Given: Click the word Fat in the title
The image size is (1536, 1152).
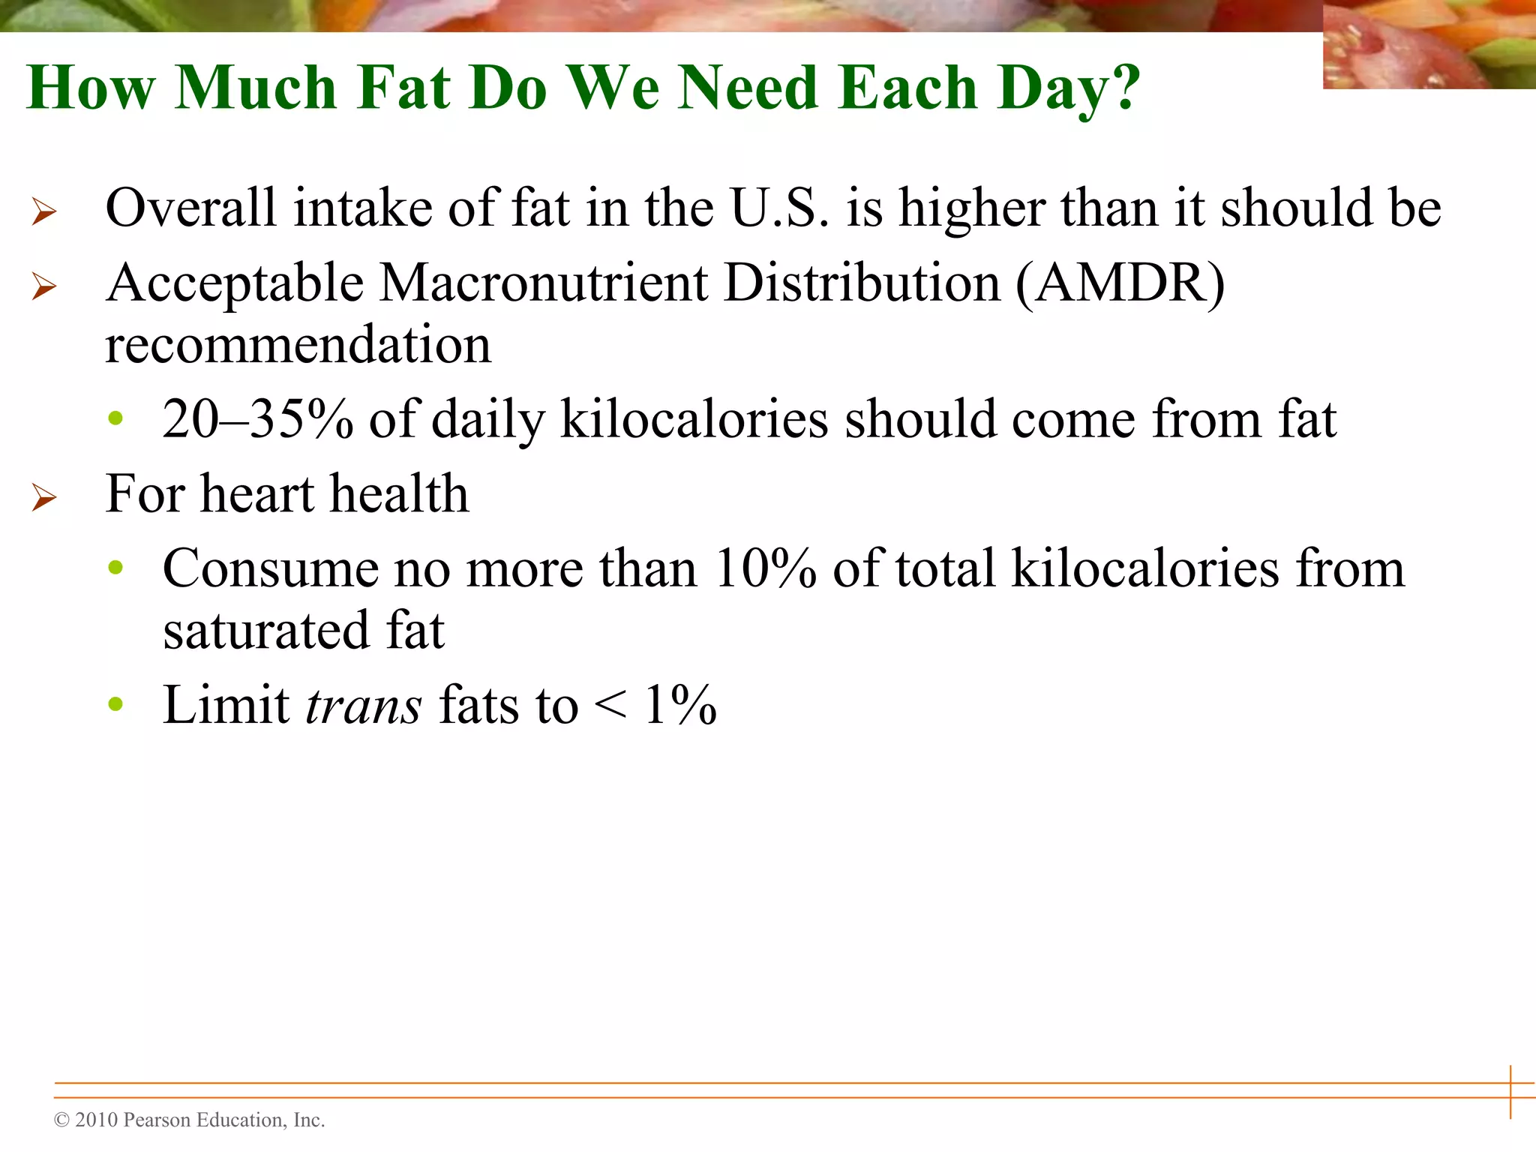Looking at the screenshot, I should point(404,88).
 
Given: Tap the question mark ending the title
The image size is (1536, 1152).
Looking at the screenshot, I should point(1123,88).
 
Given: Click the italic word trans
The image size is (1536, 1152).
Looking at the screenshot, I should point(364,706).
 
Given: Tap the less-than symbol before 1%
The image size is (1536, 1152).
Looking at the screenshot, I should point(610,706).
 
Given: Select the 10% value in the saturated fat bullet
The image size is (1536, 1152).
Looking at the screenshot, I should point(765,568).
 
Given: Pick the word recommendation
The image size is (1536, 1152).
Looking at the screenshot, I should point(298,345).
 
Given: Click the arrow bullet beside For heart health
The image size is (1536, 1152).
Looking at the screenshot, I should point(44,497).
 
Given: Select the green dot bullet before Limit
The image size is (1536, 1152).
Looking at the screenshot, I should point(115,703).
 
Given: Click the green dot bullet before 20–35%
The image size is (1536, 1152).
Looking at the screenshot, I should point(115,418).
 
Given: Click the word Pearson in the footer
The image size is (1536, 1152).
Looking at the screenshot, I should point(155,1120).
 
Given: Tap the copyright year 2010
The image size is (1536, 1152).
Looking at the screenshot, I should point(97,1120).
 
